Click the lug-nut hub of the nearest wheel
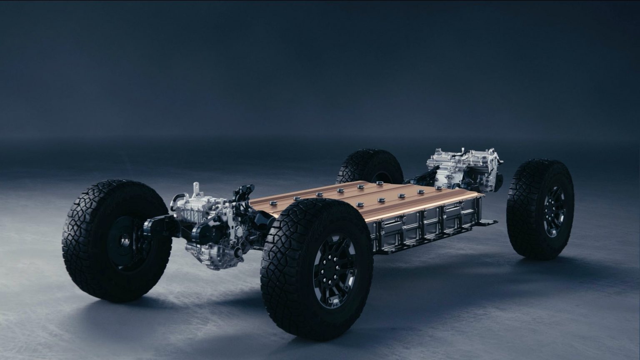point(335,270)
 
